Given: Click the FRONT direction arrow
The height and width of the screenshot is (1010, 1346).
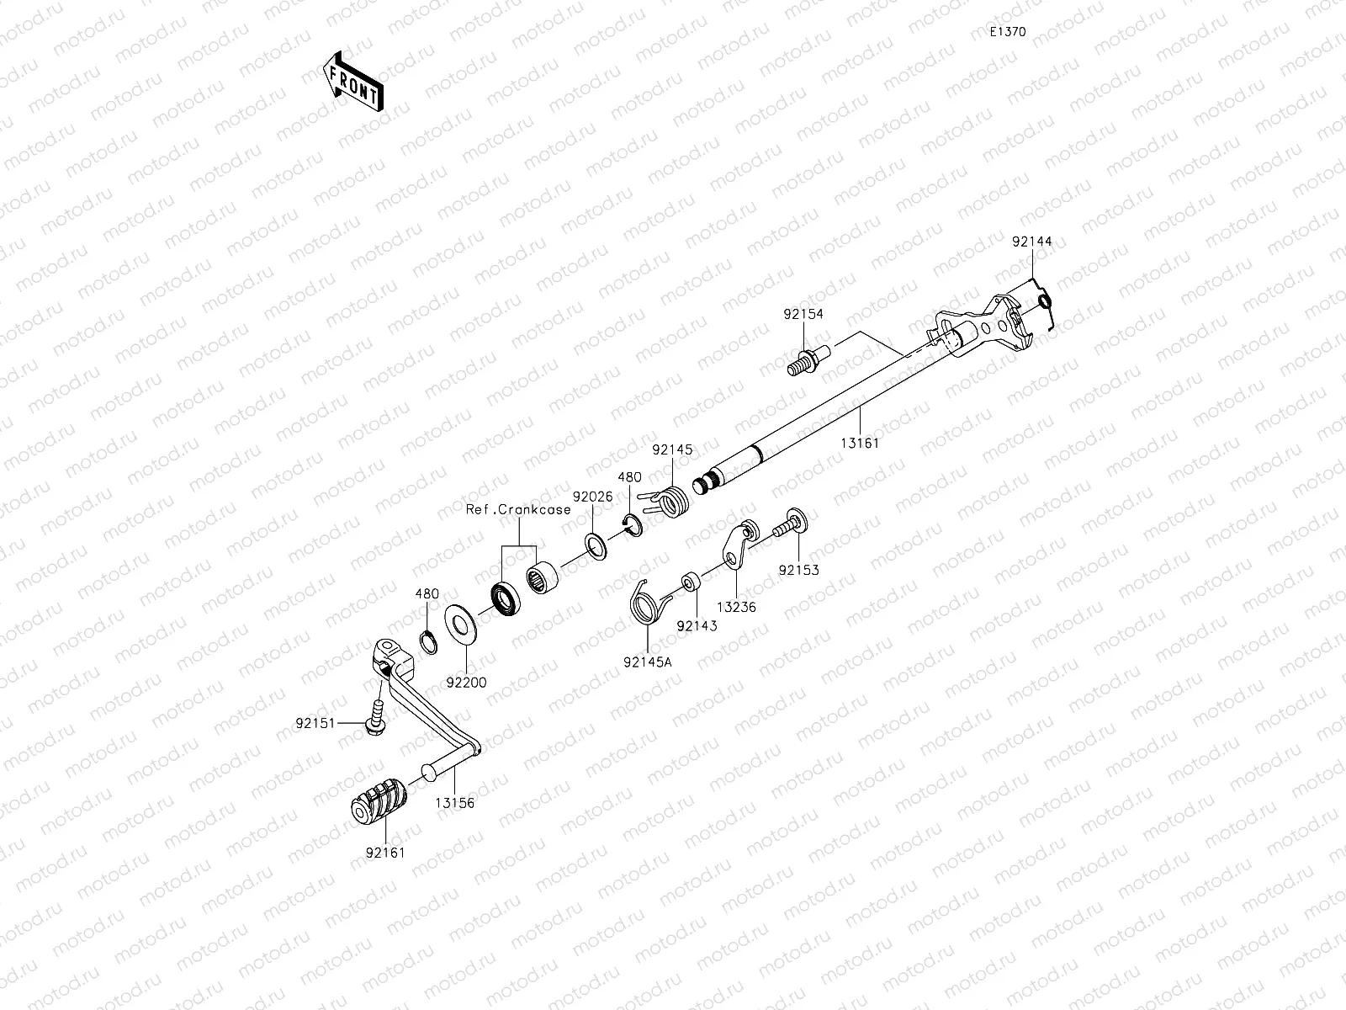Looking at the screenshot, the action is coord(353,82).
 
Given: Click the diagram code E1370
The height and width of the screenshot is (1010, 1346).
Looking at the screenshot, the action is coord(1008,32).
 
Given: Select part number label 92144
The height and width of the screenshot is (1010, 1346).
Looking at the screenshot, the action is coord(1032,242).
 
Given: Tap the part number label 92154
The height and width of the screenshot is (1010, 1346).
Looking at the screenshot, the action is coord(803,314).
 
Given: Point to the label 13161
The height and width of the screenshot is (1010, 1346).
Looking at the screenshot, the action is coord(860,443).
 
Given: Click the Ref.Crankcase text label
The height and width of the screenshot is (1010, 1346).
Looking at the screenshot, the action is coord(518,509).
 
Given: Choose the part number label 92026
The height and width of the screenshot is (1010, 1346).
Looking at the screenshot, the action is coord(593,497).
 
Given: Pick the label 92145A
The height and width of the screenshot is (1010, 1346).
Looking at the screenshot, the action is coord(648,662).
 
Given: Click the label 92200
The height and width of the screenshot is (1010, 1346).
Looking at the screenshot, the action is coord(466,683).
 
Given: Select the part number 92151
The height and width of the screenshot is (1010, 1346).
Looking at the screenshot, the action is coord(315,724).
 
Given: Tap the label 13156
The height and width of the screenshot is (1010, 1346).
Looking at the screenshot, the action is coord(455,803).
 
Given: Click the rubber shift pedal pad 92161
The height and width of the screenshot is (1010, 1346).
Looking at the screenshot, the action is coord(379,801).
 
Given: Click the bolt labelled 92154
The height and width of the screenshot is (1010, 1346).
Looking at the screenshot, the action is coord(808,361).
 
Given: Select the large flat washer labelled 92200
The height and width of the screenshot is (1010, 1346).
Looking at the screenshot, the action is coord(461,625).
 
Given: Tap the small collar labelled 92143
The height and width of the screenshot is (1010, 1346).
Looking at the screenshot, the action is coord(690,582).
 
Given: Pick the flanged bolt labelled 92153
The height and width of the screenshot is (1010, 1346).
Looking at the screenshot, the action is coord(791,524).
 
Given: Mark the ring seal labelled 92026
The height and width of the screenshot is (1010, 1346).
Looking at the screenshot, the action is coord(596,546).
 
